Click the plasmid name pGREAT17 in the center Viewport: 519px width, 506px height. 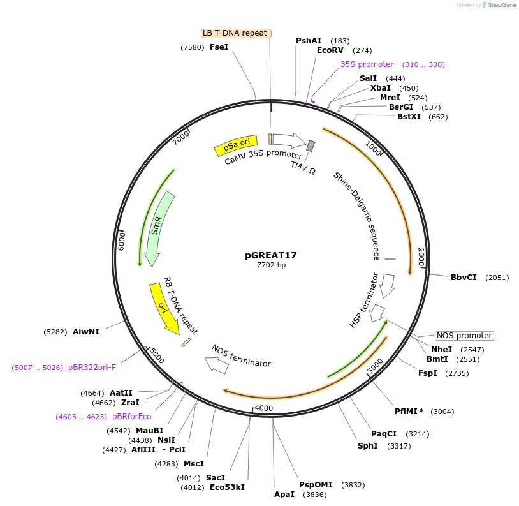coord(271,255)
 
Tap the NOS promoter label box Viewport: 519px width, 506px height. coord(465,336)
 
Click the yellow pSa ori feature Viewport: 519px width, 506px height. coord(236,145)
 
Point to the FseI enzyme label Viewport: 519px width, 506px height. coord(219,47)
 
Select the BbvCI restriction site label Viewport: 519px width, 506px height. coord(464,278)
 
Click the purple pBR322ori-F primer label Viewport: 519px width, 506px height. coord(92,368)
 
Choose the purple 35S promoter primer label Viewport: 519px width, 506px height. coord(367,64)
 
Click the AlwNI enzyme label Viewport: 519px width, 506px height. coord(85,332)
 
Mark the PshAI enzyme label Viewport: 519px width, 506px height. coord(309,41)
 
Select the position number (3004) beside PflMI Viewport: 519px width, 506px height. coord(442,412)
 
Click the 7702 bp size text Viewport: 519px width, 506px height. coord(271,265)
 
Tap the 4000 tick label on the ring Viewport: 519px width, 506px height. coord(263,408)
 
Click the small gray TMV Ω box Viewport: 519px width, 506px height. coord(311,146)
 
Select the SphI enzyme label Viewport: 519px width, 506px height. coord(367,445)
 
